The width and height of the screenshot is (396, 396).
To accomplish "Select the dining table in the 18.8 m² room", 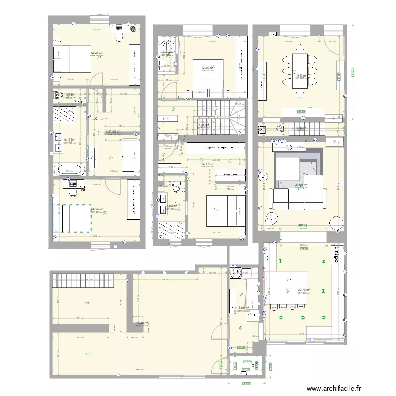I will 300,70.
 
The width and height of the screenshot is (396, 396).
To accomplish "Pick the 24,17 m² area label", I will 208,164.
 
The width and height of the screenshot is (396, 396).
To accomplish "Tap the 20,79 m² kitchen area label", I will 304,289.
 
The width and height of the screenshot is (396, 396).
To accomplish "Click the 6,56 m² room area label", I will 243,308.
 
